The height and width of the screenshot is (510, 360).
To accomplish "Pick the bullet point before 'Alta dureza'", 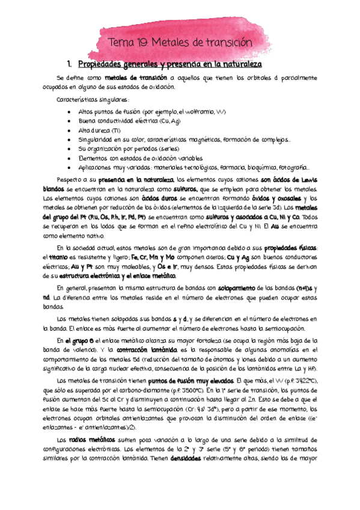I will (x=72, y=131).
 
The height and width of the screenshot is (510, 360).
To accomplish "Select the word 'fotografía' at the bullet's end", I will (x=293, y=168).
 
